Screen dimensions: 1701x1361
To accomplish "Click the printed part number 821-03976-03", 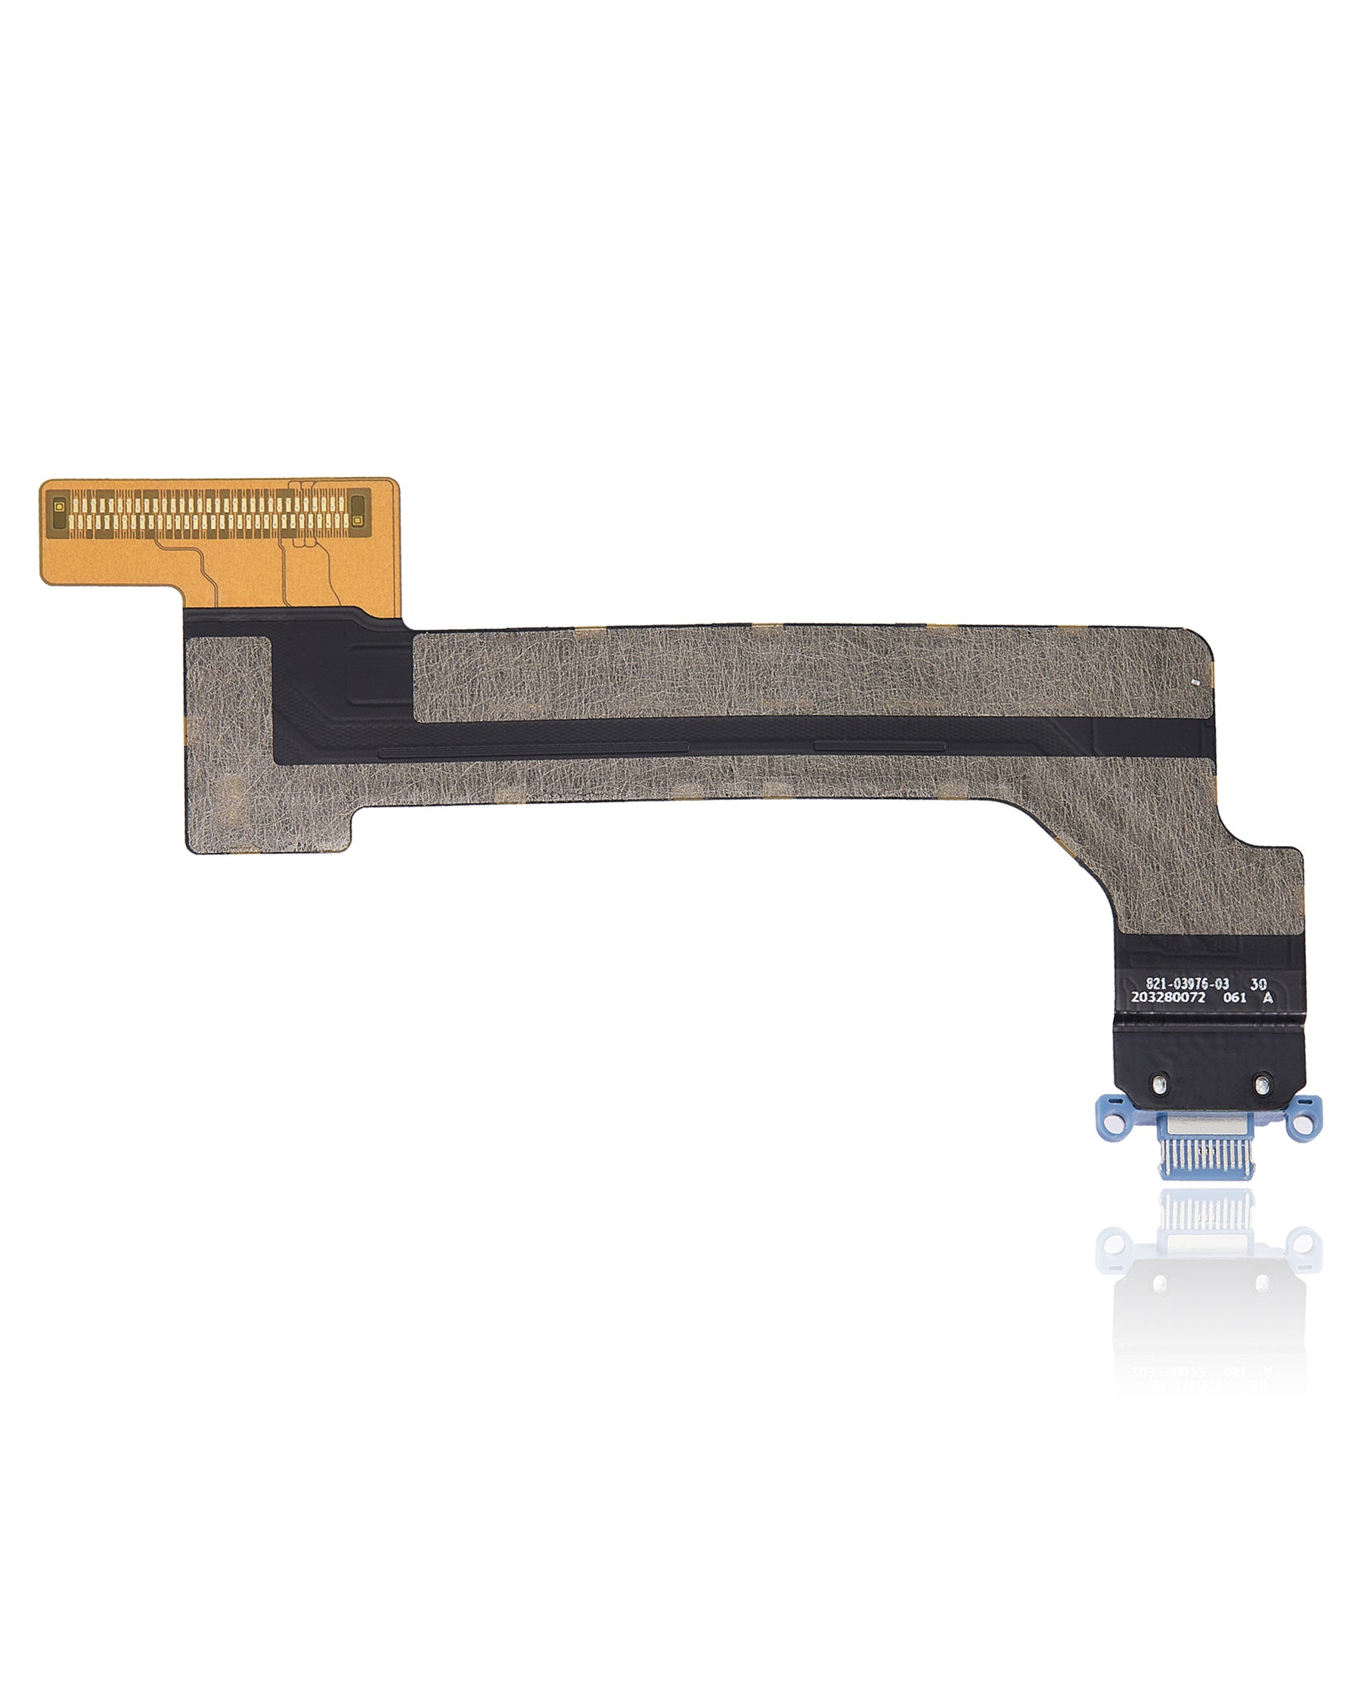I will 1186,984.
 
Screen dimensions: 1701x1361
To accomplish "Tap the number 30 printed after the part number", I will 1259,984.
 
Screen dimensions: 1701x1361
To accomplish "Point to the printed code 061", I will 1235,998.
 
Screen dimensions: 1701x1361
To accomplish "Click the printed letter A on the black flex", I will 1268,998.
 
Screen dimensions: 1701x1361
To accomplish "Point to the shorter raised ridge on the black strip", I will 878,745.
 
